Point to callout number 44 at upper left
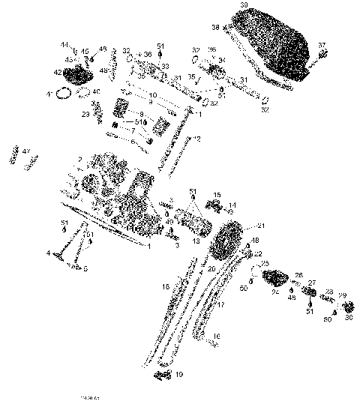[64, 45]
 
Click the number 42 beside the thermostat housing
[58, 72]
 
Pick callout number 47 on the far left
[25, 152]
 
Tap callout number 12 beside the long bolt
[197, 139]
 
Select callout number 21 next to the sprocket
[261, 226]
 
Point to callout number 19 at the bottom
[179, 374]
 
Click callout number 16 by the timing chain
[217, 335]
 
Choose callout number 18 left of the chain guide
[166, 287]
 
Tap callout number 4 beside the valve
[47, 253]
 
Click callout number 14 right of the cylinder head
[232, 204]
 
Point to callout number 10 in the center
[153, 95]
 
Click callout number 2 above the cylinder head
[79, 160]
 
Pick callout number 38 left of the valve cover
[215, 27]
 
